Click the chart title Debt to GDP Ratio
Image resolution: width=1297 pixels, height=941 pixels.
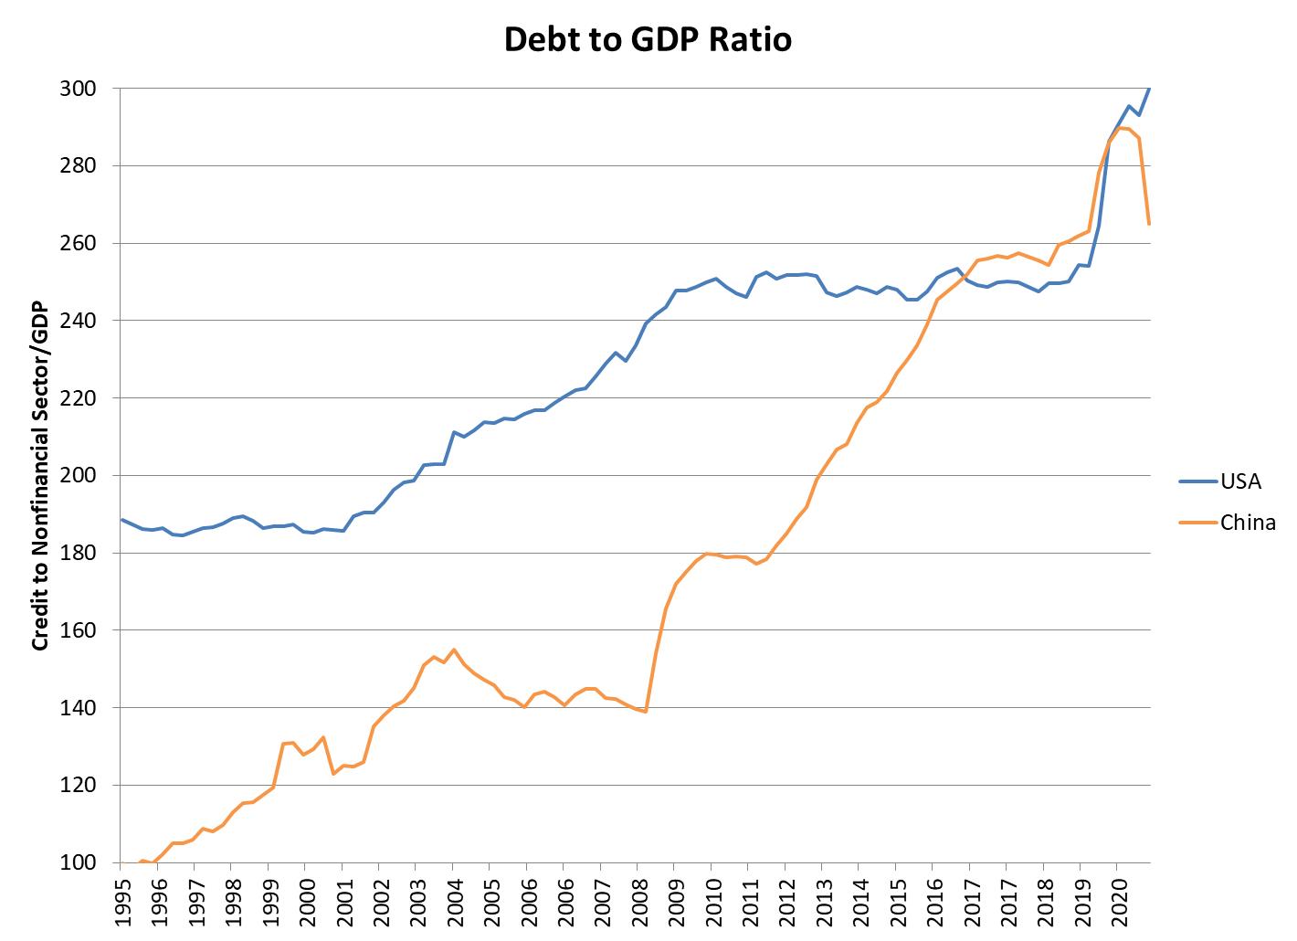648,39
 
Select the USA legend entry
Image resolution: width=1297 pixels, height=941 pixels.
1239,481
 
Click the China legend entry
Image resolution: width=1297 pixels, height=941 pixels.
1247,523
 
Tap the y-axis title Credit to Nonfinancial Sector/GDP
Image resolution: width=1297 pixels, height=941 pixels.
39,475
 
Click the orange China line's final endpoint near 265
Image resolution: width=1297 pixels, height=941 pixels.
1149,224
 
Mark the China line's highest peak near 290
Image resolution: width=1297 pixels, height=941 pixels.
1121,128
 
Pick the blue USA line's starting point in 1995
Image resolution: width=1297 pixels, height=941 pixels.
122,520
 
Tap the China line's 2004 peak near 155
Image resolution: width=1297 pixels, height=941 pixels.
454,650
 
